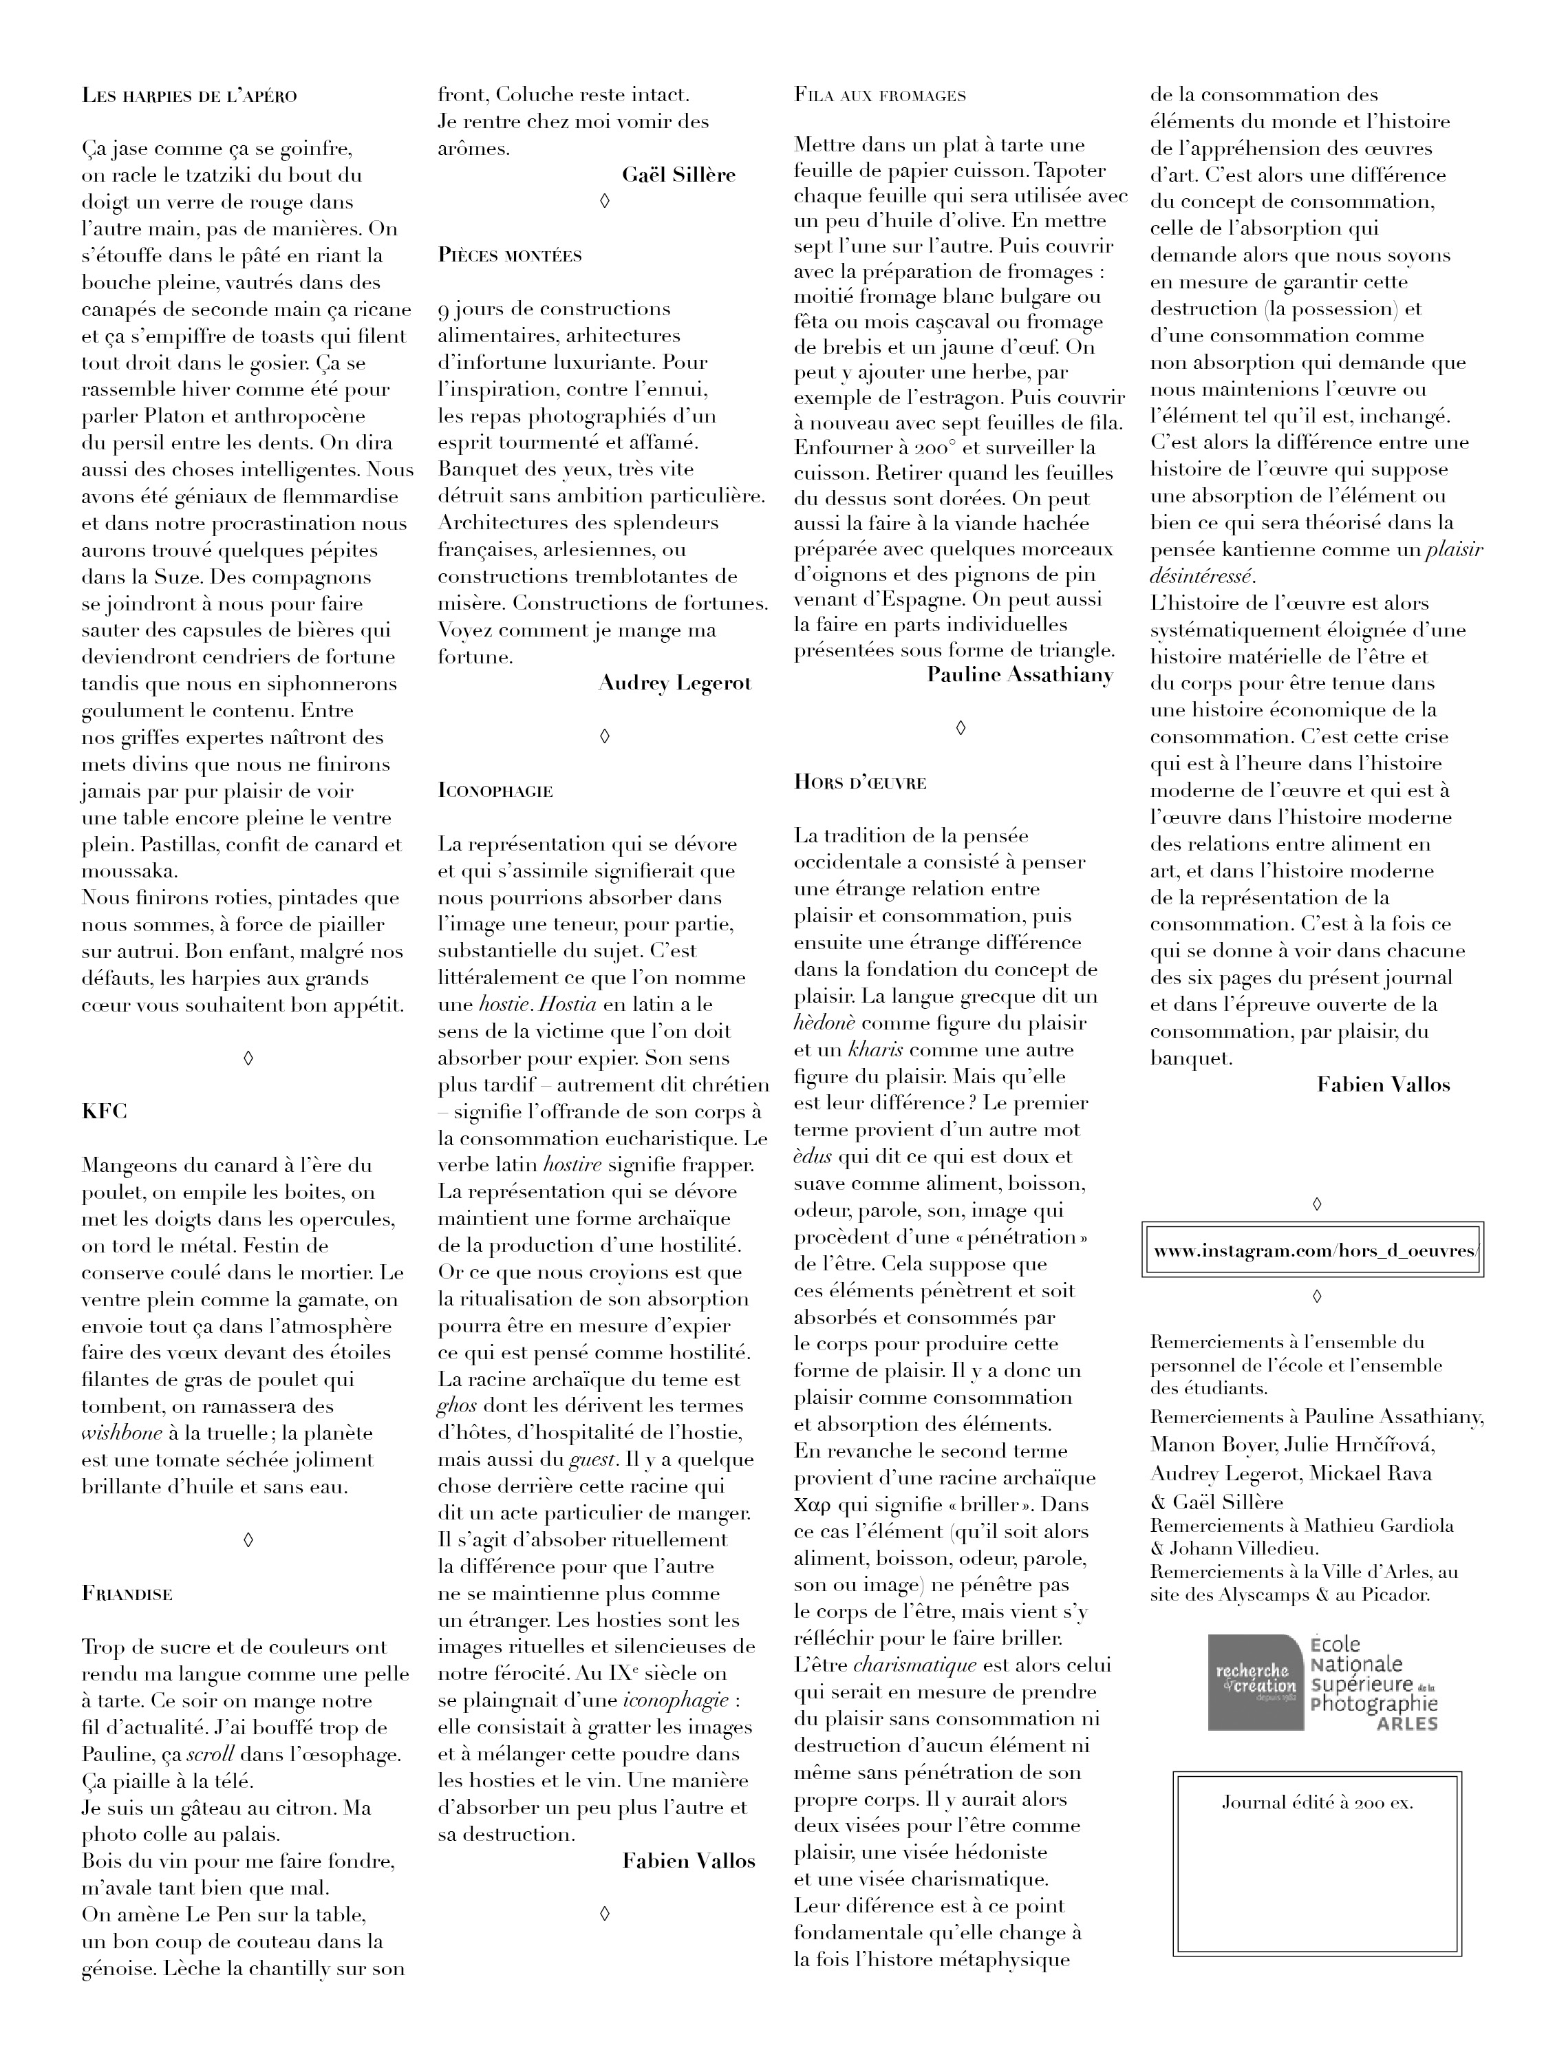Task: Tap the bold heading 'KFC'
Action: (x=105, y=1111)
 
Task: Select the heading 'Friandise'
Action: (x=128, y=1593)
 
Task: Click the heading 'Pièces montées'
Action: (x=510, y=255)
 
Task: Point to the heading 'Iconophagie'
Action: (x=495, y=791)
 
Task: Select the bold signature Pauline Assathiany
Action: (x=1020, y=675)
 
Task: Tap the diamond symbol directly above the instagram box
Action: (x=1316, y=1204)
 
